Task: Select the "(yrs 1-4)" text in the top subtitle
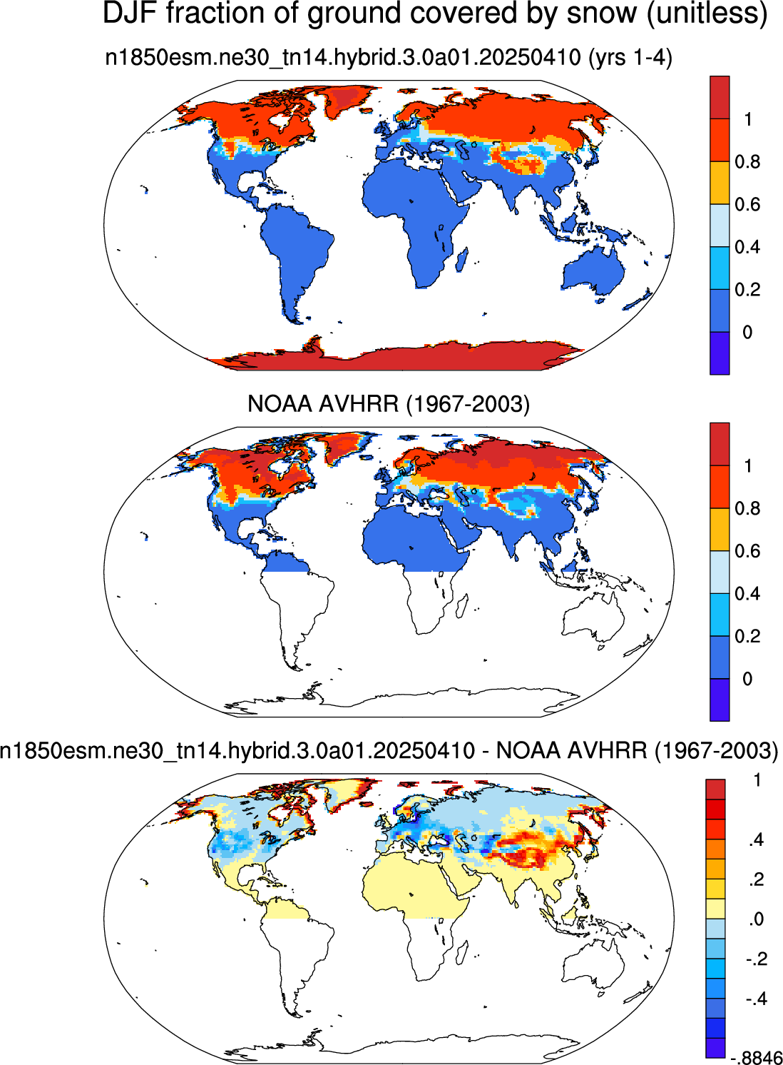[x=630, y=58]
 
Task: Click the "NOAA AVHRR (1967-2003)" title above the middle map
[x=389, y=403]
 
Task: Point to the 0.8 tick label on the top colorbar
[x=747, y=162]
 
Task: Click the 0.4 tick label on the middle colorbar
[x=747, y=593]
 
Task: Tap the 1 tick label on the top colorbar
[x=748, y=119]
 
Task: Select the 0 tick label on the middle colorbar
[x=747, y=679]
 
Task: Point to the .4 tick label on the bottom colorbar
[x=755, y=840]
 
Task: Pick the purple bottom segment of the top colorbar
[x=720, y=353]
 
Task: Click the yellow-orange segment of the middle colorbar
[x=720, y=530]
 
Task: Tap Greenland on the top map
[x=346, y=99]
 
